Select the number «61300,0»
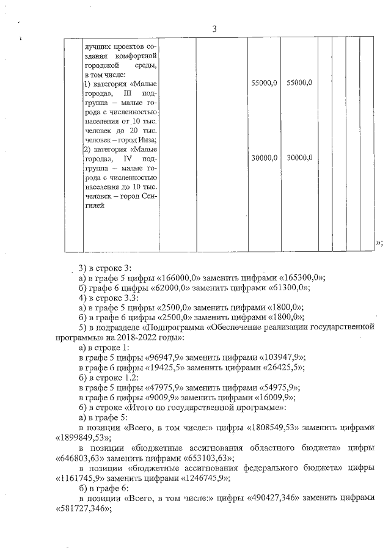tap(287, 287)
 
